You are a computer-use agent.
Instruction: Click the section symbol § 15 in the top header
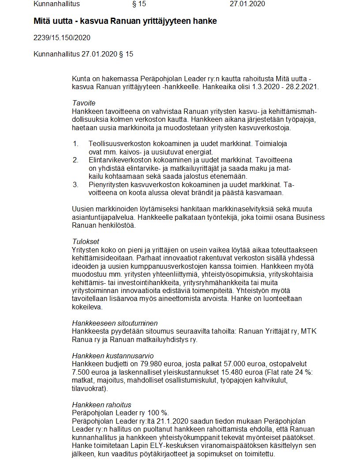(139, 4)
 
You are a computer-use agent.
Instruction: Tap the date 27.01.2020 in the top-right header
(247, 4)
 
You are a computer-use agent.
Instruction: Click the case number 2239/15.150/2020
(62, 38)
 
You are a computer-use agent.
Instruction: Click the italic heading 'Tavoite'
(83, 103)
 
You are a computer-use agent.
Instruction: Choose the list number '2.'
(75, 160)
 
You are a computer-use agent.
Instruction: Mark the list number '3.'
(75, 184)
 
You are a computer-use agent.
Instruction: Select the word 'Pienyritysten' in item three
(109, 184)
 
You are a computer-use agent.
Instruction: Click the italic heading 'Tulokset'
(86, 242)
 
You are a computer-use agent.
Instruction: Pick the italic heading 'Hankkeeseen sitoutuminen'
(115, 323)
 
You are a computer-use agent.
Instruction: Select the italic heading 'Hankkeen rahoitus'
(101, 405)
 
